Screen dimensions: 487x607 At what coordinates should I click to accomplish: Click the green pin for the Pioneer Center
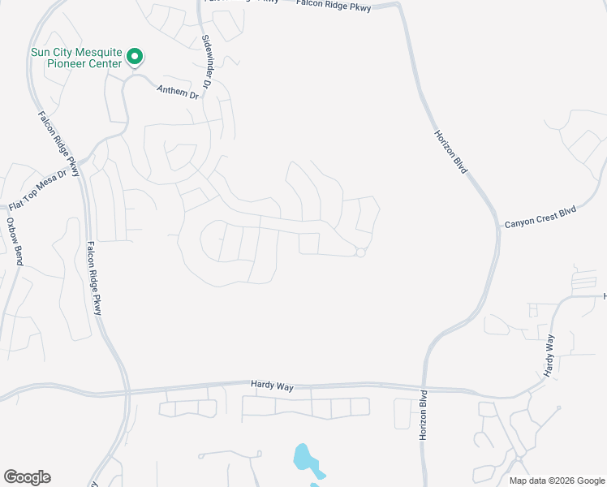135,57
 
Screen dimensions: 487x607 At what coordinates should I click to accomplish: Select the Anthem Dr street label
178,93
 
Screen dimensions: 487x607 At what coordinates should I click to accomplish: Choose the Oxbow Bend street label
12,242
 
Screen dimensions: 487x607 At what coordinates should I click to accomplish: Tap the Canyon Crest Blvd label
540,216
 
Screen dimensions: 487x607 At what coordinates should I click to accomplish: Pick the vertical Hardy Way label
549,356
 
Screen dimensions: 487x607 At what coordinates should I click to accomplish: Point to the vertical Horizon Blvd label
423,415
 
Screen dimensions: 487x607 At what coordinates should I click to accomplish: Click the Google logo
27,477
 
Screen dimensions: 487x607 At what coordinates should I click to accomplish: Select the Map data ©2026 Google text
556,481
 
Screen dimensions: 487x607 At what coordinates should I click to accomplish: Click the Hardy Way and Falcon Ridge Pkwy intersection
128,392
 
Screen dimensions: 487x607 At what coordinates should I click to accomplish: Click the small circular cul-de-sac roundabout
360,253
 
